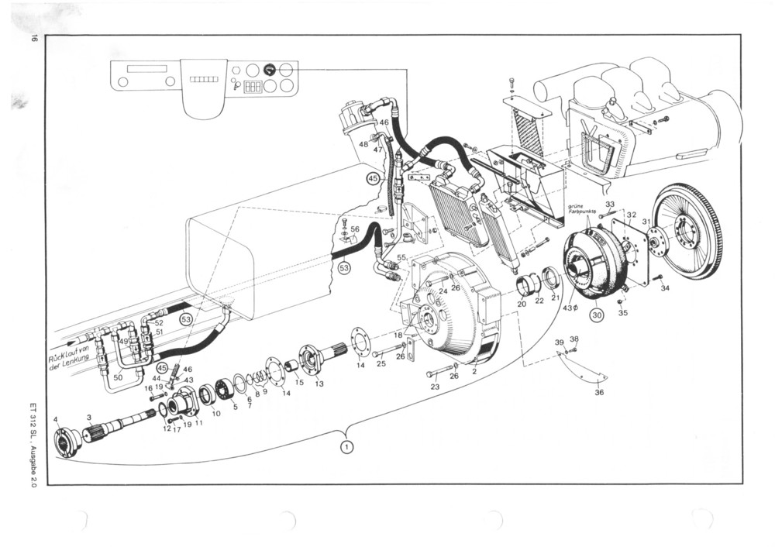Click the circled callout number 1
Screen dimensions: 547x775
click(x=347, y=446)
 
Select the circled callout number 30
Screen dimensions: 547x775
click(x=597, y=315)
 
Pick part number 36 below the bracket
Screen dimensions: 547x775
click(x=599, y=393)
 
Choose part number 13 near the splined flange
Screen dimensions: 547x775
click(x=319, y=384)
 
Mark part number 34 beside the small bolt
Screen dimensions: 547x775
click(x=664, y=288)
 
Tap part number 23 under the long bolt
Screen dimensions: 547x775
click(x=435, y=387)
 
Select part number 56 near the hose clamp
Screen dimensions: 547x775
click(x=354, y=229)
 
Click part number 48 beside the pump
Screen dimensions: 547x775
click(x=363, y=144)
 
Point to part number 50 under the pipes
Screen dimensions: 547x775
click(x=118, y=377)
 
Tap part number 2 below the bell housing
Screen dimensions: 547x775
click(x=474, y=372)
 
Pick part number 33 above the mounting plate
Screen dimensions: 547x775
click(x=610, y=205)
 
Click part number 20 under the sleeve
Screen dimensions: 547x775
click(x=522, y=304)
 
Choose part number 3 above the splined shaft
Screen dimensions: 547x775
click(x=89, y=417)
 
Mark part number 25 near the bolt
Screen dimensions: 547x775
click(x=381, y=363)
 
